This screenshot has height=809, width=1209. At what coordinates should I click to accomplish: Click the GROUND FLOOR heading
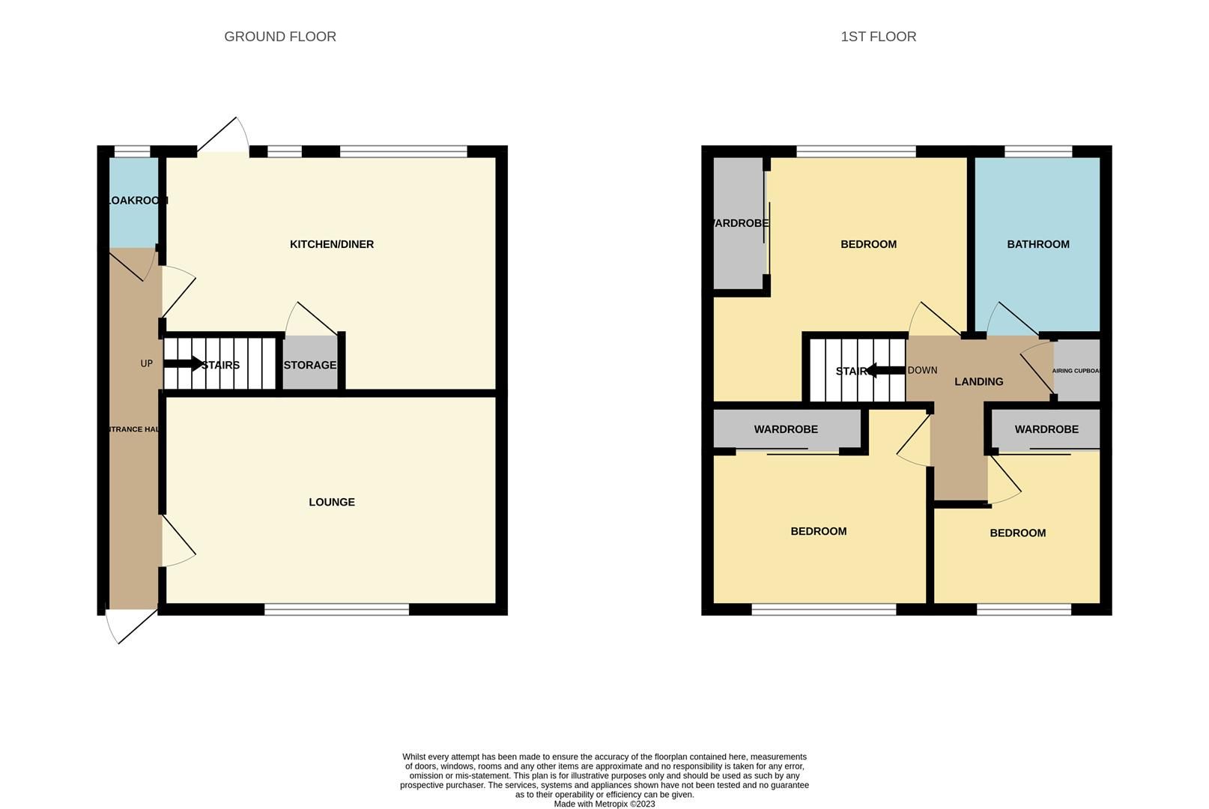[x=279, y=37]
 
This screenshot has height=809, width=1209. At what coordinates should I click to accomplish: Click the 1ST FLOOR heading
[x=878, y=37]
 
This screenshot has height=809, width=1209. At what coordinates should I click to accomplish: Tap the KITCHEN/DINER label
[x=331, y=244]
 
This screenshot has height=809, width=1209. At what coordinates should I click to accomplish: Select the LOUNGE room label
[x=331, y=502]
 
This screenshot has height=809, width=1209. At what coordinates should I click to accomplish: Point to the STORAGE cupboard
[x=310, y=365]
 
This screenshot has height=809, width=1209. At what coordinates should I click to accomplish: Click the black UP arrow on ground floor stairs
[x=182, y=364]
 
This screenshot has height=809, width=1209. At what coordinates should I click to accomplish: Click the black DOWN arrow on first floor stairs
[x=885, y=370]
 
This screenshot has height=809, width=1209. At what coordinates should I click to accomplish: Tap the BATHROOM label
[x=1037, y=244]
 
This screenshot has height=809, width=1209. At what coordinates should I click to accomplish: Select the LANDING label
[x=978, y=381]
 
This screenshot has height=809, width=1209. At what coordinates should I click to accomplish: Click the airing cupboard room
[x=1077, y=370]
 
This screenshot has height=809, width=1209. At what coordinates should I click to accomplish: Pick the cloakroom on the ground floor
[x=134, y=201]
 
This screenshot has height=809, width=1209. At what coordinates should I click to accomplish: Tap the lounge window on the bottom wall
[x=336, y=610]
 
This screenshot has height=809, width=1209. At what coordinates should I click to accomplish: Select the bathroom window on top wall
[x=1037, y=151]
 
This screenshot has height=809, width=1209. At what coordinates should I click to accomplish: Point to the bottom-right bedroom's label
[x=1017, y=533]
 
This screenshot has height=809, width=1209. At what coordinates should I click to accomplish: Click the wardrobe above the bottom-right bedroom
[x=1046, y=429]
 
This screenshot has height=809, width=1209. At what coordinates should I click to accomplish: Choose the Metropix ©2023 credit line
[x=604, y=804]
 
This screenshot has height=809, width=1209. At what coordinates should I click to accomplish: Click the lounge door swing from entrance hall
[x=178, y=541]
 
